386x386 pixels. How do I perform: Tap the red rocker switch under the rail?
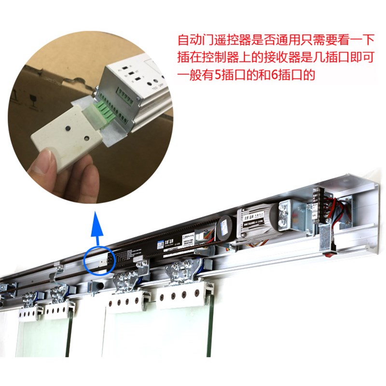pyautogui.click(x=333, y=249)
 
